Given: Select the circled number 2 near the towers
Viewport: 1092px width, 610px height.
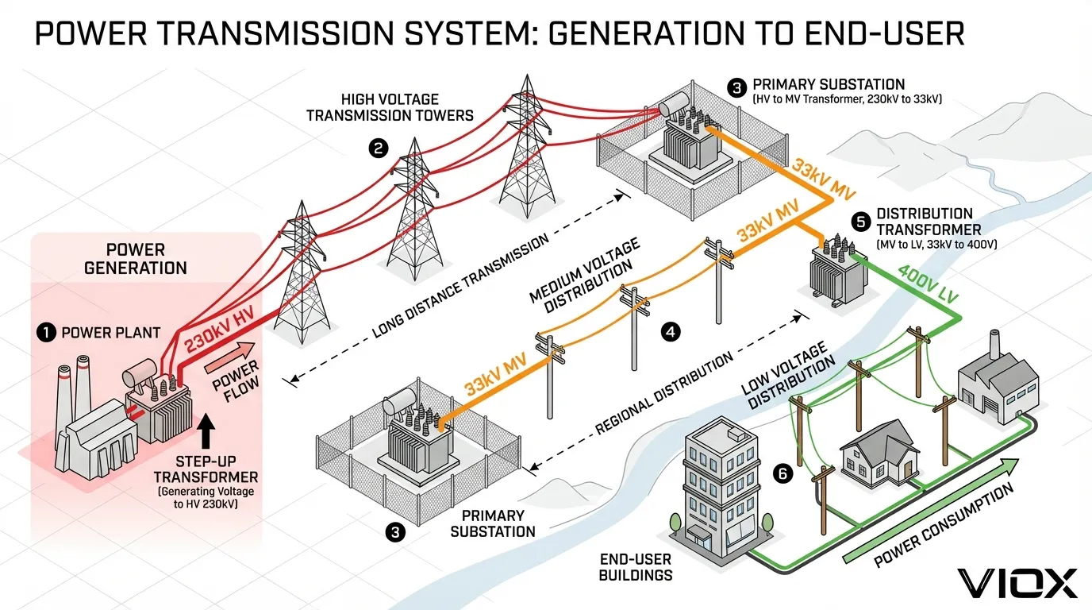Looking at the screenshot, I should point(379,147).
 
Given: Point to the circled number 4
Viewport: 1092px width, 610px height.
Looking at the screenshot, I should point(671,332).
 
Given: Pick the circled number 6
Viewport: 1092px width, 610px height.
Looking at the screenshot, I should point(783,474).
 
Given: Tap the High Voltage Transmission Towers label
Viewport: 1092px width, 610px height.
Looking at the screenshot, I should point(390,107).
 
